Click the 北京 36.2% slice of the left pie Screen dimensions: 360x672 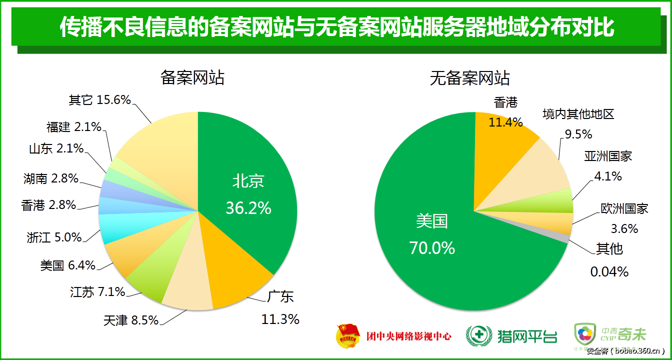point(250,195)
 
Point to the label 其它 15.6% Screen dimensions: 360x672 point(99,100)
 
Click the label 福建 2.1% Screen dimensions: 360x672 point(74,127)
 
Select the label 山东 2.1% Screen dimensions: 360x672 point(56,148)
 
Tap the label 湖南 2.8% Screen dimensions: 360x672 point(50,177)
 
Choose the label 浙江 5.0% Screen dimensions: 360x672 point(54,237)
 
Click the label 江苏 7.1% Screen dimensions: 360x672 point(97,292)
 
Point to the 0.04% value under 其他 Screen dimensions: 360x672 point(609,272)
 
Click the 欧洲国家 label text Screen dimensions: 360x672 point(624,208)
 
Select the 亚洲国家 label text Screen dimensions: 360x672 point(608,156)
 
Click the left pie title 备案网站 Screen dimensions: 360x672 point(192,78)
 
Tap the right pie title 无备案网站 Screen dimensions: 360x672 point(469,78)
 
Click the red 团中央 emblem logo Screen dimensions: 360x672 point(347,335)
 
